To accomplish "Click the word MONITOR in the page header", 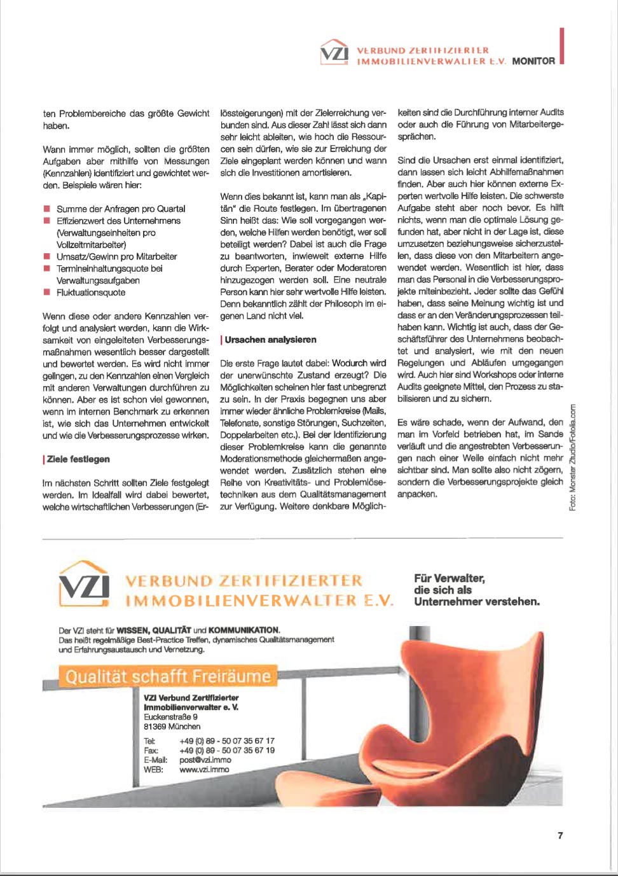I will [533, 61].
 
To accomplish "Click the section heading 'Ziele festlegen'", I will [78, 459].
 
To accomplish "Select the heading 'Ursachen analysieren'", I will [270, 340].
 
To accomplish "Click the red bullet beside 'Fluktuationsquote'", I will [46, 292].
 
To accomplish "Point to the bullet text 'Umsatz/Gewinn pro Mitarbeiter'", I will [116, 256].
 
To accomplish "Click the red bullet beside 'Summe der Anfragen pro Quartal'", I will [46, 209].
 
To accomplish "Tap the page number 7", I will [560, 835].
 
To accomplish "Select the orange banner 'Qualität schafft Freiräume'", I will [168, 676].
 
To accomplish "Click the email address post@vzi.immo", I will [205, 760].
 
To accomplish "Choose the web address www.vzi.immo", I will [204, 769].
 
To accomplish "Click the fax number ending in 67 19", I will [227, 750].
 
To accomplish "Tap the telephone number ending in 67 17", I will [227, 740].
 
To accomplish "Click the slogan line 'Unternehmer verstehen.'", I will [477, 601].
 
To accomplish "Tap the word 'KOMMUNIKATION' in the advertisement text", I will [244, 630].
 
